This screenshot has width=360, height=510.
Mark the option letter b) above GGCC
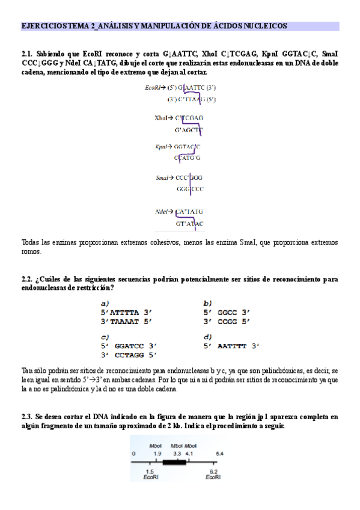207,303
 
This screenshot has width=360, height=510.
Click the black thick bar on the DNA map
175,463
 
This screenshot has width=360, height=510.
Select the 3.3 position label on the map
177,453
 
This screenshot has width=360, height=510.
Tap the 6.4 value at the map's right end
220,453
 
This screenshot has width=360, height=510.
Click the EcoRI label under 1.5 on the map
150,478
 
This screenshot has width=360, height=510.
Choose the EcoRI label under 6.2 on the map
213,478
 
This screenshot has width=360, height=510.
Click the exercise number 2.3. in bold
28,416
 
